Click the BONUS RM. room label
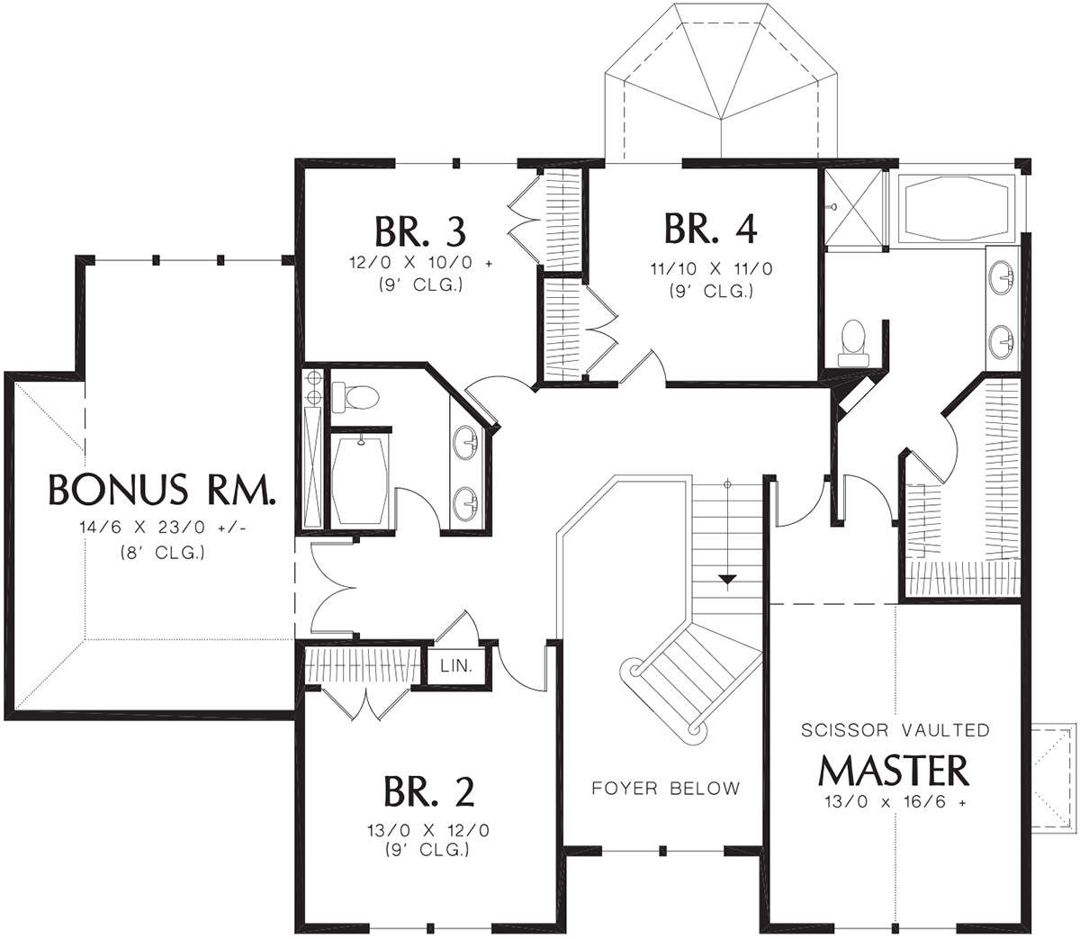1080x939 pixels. [162, 489]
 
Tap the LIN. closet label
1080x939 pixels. [456, 665]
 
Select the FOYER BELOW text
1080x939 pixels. [666, 789]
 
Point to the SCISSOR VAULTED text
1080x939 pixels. [895, 730]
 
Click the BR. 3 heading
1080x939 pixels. [420, 231]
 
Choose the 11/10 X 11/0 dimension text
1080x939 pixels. [712, 269]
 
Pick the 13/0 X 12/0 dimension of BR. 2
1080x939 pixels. [428, 830]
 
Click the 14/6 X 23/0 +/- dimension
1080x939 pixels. [164, 527]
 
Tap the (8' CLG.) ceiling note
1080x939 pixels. [163, 553]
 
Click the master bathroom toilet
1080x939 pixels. [852, 344]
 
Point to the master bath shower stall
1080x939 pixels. [853, 209]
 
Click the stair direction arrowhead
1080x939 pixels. [728, 582]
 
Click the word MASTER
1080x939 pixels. [894, 772]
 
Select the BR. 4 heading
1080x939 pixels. [711, 228]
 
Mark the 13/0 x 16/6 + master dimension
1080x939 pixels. [895, 802]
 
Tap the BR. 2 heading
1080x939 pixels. [428, 791]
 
